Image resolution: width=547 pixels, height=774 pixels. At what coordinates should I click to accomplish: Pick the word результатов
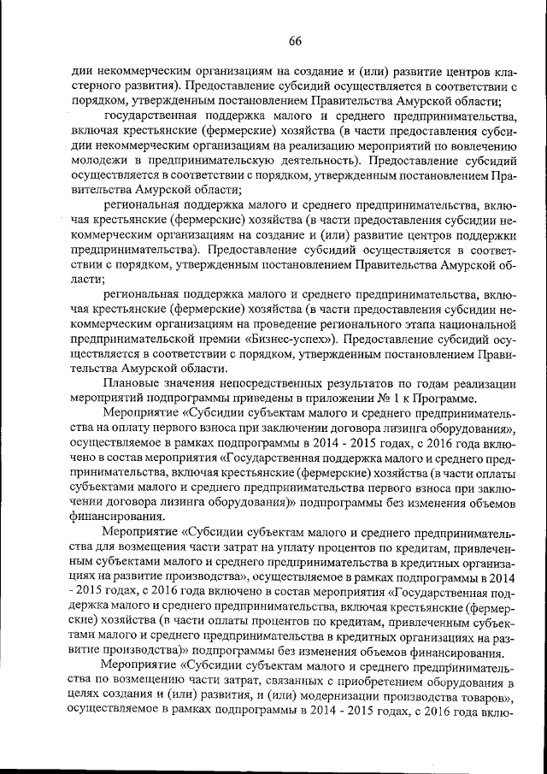click(x=380, y=381)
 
